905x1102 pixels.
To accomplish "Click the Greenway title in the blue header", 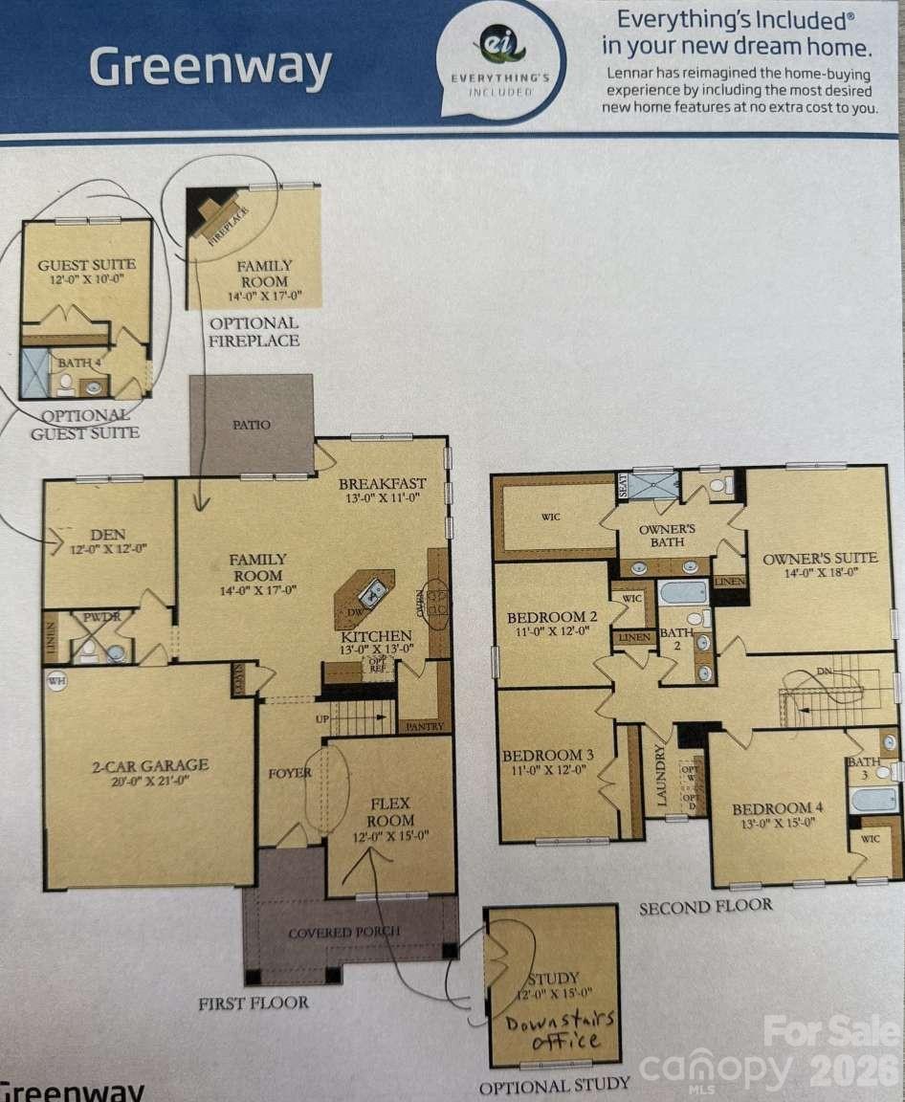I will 210,68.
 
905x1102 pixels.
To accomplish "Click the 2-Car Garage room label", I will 150,765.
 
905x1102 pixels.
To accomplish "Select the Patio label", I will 252,424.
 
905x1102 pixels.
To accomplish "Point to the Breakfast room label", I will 382,484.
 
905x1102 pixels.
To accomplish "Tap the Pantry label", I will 424,727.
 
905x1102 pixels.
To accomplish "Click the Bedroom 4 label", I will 779,807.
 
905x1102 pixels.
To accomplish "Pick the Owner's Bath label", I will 667,536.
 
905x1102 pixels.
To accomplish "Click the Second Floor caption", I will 705,905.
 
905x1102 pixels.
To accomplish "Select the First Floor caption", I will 254,1003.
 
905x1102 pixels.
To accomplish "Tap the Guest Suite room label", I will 86,265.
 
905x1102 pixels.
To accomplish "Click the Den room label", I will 107,535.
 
